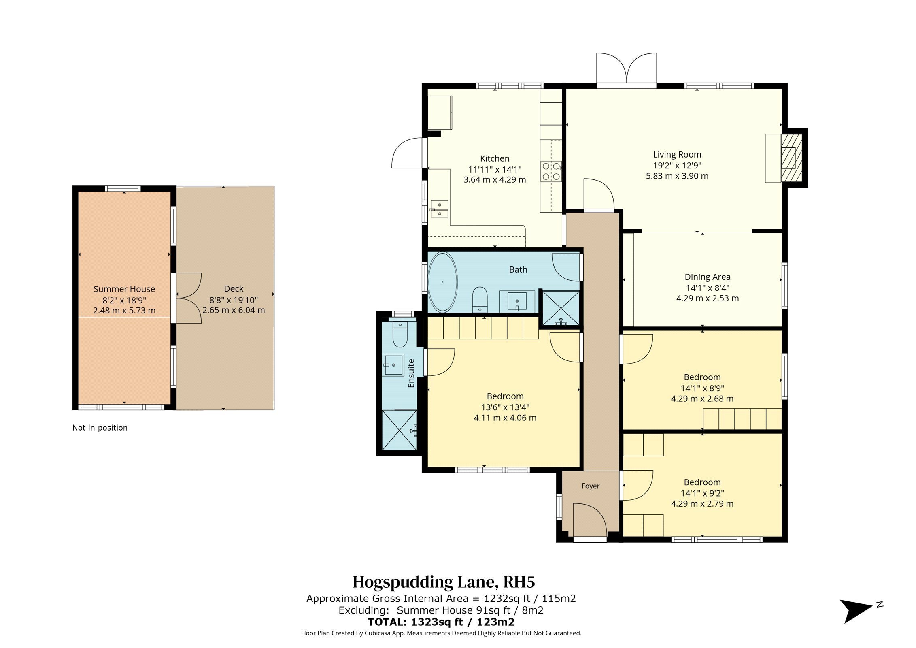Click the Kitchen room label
[494, 158]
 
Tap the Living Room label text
[677, 154]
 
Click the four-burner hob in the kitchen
[551, 171]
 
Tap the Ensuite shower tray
[399, 430]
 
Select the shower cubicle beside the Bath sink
[560, 308]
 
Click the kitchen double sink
[439, 209]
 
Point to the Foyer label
[590, 486]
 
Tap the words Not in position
[100, 428]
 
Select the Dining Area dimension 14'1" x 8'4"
[708, 288]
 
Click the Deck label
[234, 289]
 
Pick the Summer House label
[124, 289]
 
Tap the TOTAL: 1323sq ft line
[441, 622]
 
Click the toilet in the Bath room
[480, 300]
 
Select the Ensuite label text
[411, 373]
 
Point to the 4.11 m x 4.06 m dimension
[505, 418]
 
